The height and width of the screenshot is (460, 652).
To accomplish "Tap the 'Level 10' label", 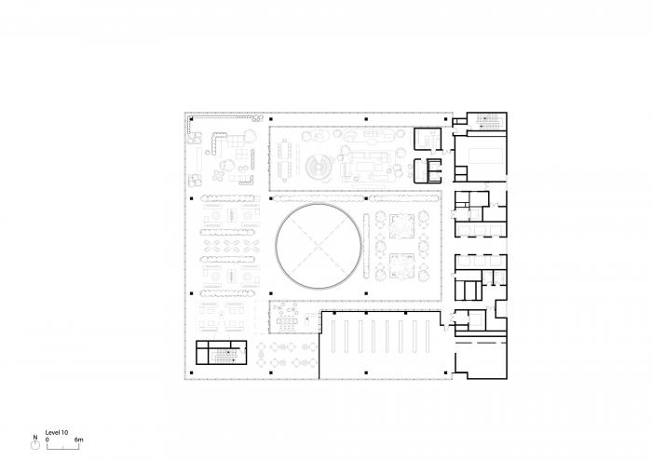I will (x=58, y=431).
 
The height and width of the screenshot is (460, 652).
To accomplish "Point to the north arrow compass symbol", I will (x=35, y=445).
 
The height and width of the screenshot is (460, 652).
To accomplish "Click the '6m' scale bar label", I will (x=79, y=439).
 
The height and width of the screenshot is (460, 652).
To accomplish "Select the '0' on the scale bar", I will (x=47, y=439).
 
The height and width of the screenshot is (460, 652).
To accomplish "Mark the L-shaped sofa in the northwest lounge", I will (x=225, y=142).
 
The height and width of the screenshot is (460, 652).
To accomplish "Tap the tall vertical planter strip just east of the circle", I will (x=369, y=246).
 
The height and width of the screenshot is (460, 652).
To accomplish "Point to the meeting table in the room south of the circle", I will (x=286, y=322).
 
